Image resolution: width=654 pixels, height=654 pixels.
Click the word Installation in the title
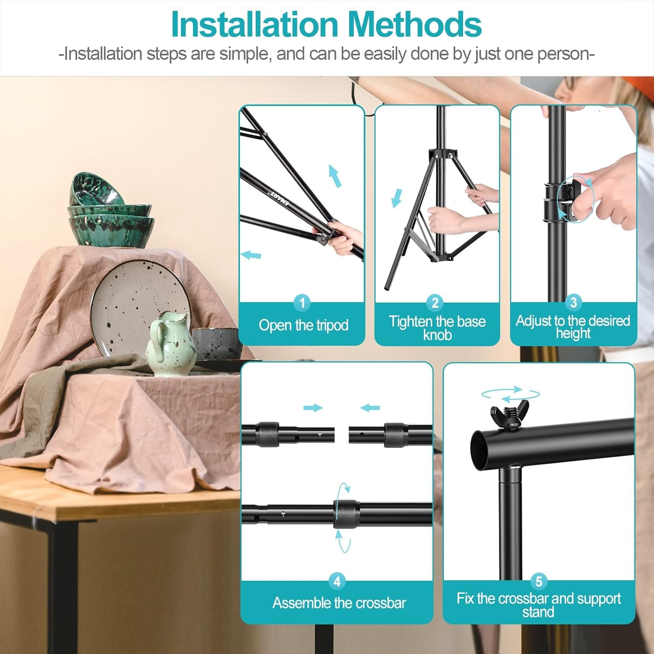point(255,24)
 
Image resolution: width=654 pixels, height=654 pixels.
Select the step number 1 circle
point(302,302)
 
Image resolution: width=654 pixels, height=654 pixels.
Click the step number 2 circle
point(435,302)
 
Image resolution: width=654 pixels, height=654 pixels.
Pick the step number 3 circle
point(573,302)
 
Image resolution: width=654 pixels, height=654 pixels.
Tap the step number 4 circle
point(337,581)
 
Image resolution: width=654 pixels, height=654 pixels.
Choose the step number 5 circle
point(538,581)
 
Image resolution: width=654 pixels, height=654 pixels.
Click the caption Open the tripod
point(303,325)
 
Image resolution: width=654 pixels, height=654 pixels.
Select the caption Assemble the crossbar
point(339,603)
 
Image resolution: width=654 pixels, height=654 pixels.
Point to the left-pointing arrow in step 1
point(251,255)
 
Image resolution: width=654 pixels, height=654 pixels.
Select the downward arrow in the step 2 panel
point(396,198)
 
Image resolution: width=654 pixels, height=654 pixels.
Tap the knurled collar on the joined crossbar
point(346,514)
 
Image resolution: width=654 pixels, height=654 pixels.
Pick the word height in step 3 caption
point(573,334)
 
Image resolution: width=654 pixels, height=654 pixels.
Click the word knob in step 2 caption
point(437,335)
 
